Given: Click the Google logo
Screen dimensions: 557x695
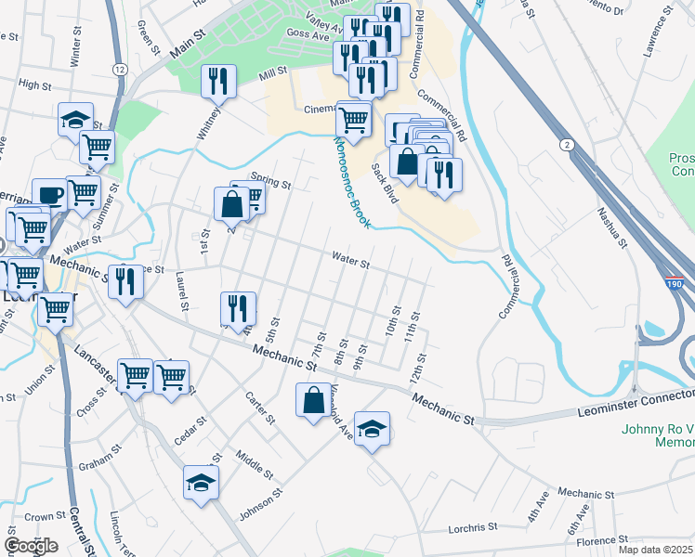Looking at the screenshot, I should point(31,546).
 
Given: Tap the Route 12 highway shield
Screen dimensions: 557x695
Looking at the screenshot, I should point(120,70).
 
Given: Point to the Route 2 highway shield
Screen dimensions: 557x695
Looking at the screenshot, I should point(566,145).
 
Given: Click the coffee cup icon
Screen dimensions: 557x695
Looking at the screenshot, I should point(49,195).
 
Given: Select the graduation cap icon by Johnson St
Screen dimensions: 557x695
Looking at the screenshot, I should point(201,482).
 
